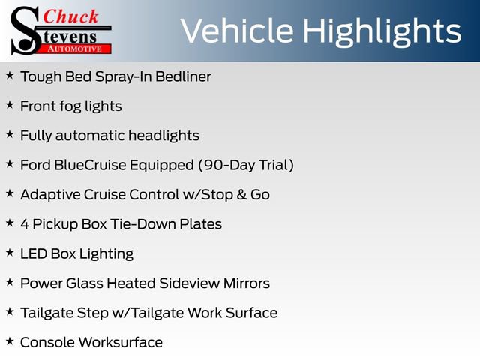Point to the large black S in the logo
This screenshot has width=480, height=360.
(x=25, y=30)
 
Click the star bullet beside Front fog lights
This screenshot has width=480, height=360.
(x=10, y=105)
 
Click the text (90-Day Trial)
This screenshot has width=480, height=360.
(x=245, y=165)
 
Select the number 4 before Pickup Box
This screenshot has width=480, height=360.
(x=25, y=223)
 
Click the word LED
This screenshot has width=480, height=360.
(x=34, y=253)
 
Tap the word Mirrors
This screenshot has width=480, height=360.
(x=245, y=283)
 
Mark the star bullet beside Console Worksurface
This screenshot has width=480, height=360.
(x=10, y=341)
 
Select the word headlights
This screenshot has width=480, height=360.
(x=163, y=136)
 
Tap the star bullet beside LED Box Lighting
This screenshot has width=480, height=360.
(x=10, y=253)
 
